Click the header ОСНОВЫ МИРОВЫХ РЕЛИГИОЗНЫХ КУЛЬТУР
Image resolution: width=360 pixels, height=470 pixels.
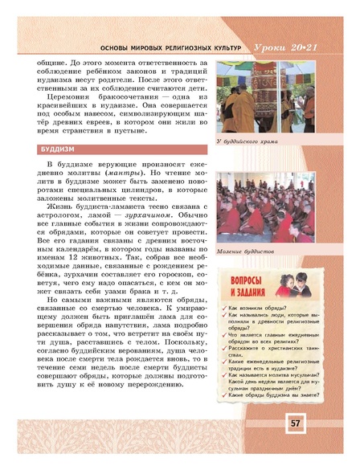141,49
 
